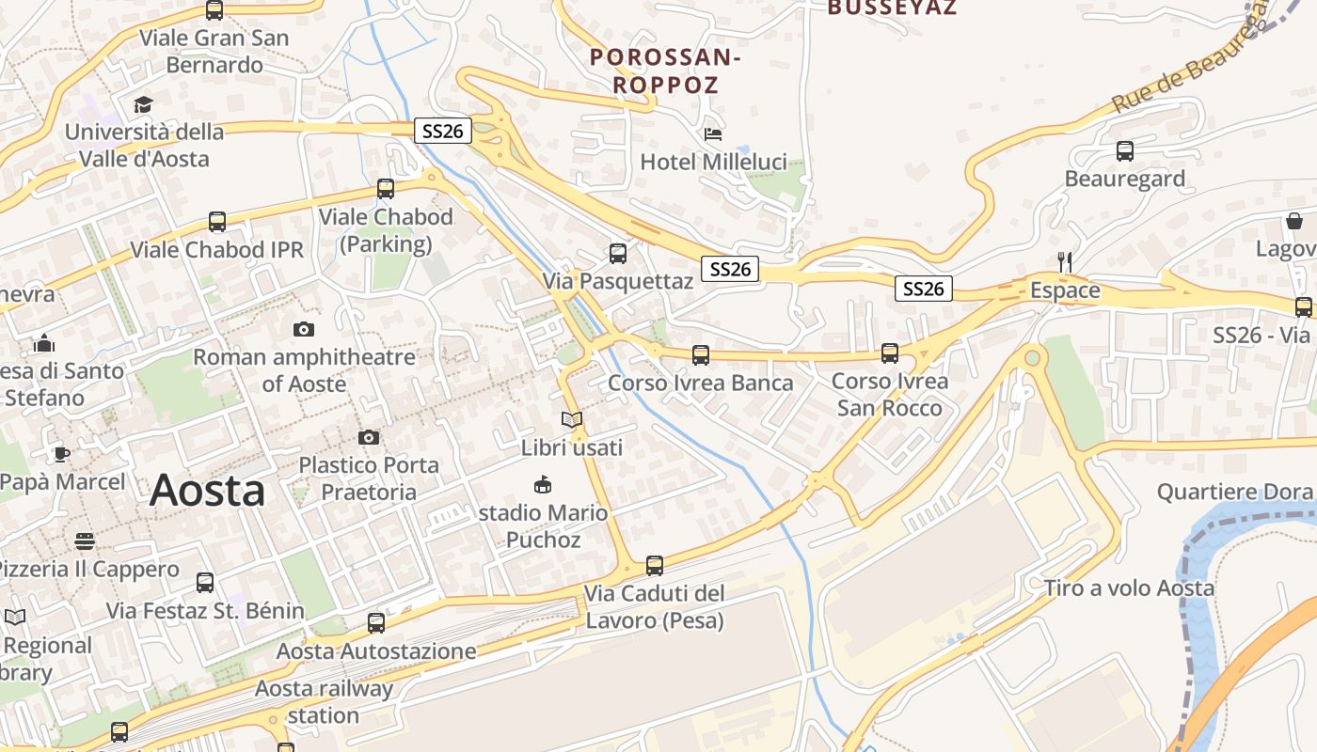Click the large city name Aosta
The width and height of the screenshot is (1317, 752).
[x=208, y=491]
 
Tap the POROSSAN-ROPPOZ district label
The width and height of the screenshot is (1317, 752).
[x=665, y=70]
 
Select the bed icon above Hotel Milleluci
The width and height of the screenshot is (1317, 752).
[x=713, y=133]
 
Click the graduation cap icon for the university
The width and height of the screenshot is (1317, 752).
[x=143, y=104]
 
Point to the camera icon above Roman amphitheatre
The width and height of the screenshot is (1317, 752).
[x=303, y=329]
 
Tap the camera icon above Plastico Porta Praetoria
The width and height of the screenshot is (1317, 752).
[x=369, y=437]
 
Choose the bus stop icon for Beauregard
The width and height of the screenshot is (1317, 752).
[x=1124, y=150]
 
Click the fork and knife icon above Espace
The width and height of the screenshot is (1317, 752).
[x=1065, y=262]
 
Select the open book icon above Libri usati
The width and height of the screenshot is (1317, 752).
[x=572, y=419]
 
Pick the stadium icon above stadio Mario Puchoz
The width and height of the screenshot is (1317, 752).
[x=542, y=485]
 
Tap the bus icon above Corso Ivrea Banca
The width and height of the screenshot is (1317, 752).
[x=701, y=355]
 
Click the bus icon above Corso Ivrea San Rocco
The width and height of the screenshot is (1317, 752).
[x=890, y=353]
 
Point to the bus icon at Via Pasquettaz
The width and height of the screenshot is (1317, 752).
[x=618, y=253]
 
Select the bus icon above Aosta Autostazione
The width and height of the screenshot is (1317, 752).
[x=376, y=622]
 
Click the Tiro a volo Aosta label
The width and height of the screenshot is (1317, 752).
[x=1129, y=588]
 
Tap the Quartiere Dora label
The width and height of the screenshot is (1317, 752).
[x=1235, y=492]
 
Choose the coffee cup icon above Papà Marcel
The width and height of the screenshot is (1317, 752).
[x=62, y=454]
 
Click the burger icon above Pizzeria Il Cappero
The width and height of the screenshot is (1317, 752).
[x=85, y=541]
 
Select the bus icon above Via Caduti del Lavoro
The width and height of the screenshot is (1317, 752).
[x=655, y=566]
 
